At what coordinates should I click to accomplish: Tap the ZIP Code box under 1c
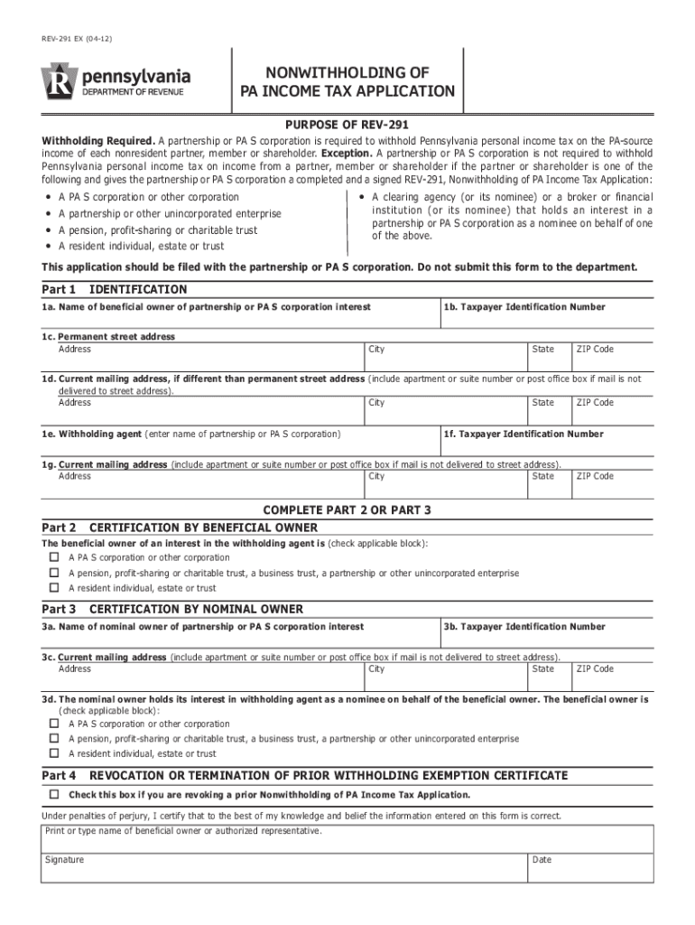[x=612, y=360]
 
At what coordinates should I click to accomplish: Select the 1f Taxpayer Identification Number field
[x=546, y=444]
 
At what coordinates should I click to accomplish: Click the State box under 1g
[x=549, y=486]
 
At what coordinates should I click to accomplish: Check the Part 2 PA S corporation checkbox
[x=53, y=557]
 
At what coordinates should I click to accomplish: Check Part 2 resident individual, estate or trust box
[x=53, y=587]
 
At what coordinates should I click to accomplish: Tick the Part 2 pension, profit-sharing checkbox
[x=53, y=573]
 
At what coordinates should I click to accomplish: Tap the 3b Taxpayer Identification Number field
[x=546, y=638]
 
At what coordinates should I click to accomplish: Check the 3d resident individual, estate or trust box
[x=53, y=752]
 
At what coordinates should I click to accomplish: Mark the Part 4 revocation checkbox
[x=53, y=794]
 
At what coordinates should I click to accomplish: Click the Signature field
[x=283, y=869]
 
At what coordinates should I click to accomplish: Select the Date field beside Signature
[x=590, y=869]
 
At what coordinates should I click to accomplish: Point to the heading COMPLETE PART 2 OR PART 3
[x=347, y=510]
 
